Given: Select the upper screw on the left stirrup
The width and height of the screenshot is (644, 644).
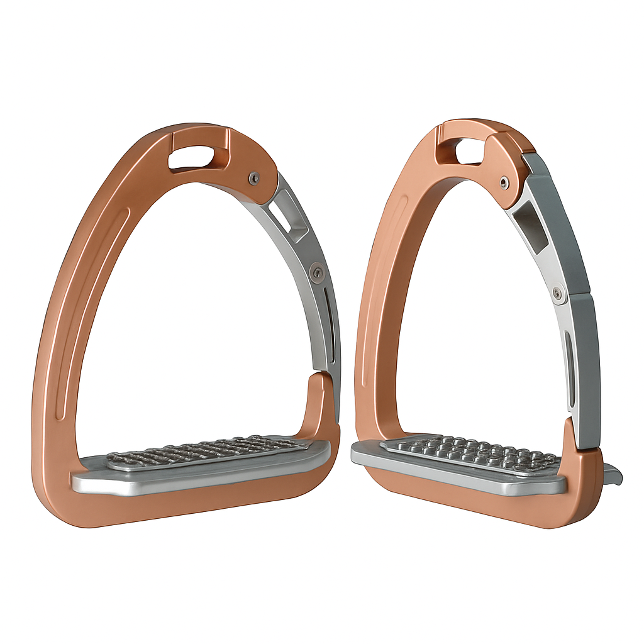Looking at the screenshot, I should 253,178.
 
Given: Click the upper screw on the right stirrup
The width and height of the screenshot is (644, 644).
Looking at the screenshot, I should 503,183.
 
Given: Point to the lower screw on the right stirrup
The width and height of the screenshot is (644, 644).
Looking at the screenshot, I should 557,292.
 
